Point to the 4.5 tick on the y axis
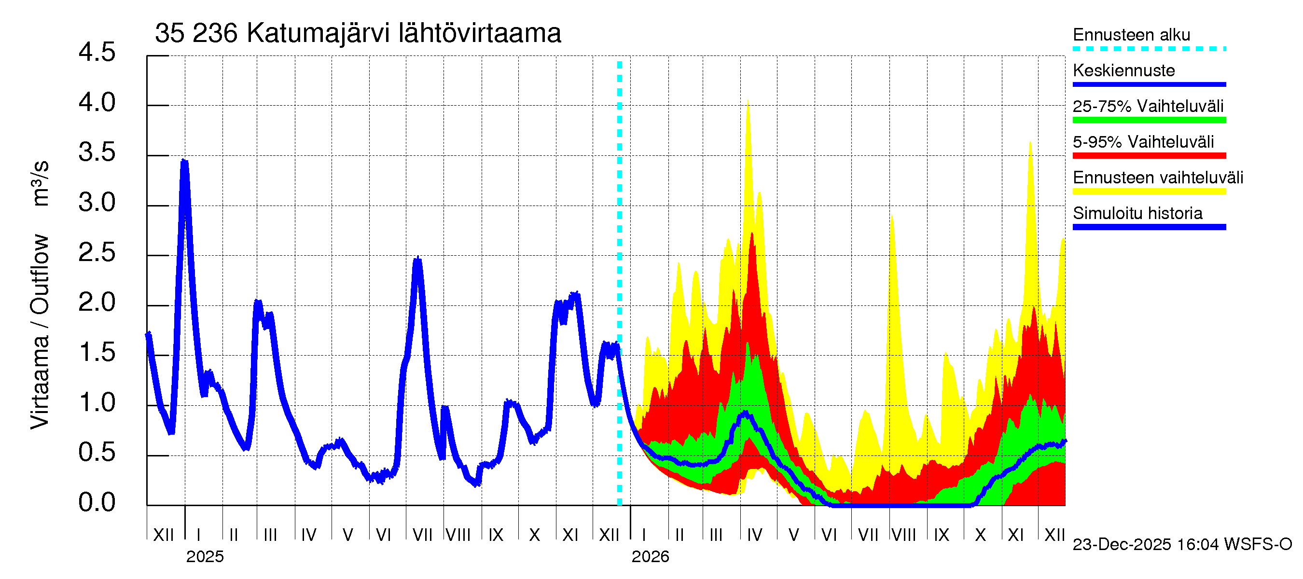pyautogui.click(x=97, y=53)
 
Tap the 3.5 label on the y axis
pyautogui.click(x=97, y=153)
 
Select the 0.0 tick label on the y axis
pyautogui.click(x=97, y=503)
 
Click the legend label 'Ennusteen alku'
pyautogui.click(x=1131, y=35)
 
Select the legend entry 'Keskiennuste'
pyautogui.click(x=1123, y=70)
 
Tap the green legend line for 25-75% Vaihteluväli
pyautogui.click(x=1149, y=120)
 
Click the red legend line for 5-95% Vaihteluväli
pyautogui.click(x=1149, y=156)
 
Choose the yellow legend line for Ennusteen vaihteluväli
pyautogui.click(x=1149, y=191)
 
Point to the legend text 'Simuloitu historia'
pyautogui.click(x=1137, y=213)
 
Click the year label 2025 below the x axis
pyautogui.click(x=205, y=557)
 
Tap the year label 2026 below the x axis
pyautogui.click(x=650, y=557)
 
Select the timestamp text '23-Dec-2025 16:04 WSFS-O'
pyautogui.click(x=1182, y=545)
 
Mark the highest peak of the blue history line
pyautogui.click(x=185, y=162)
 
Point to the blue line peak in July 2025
pyautogui.click(x=417, y=260)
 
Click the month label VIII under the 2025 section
pyautogui.click(x=458, y=535)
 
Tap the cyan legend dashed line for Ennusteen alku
pyautogui.click(x=1149, y=49)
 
